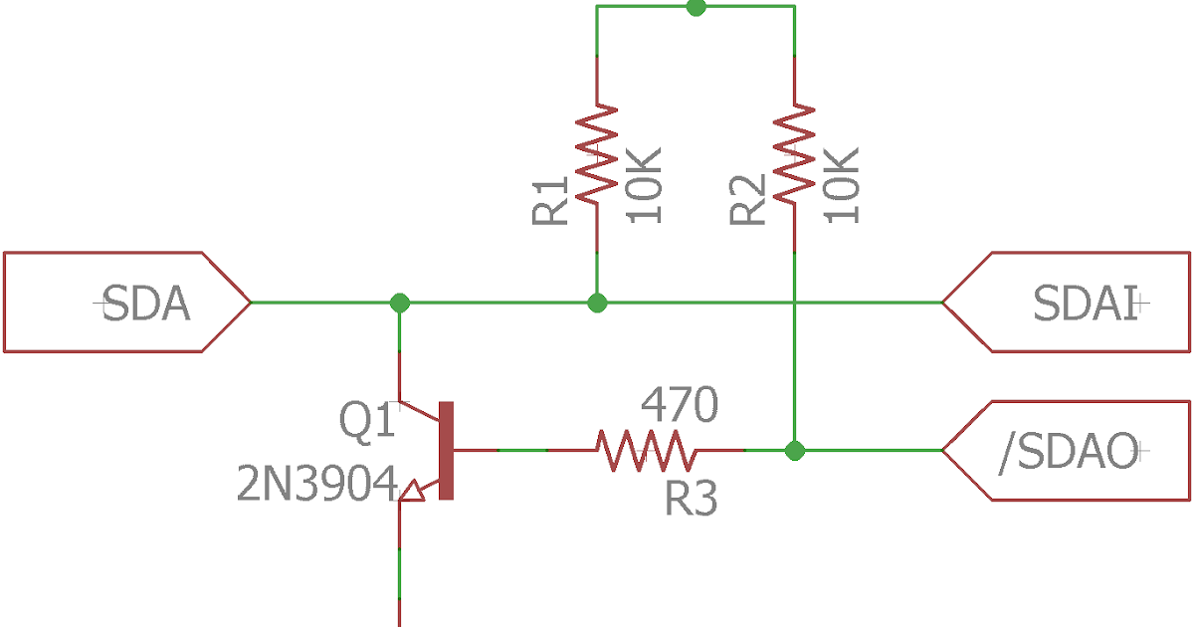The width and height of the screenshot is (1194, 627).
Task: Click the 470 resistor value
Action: [x=679, y=405]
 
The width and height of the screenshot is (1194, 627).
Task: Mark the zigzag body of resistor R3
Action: [x=646, y=451]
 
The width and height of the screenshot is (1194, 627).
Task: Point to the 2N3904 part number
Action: [x=316, y=485]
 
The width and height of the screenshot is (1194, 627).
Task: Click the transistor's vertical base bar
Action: [x=447, y=451]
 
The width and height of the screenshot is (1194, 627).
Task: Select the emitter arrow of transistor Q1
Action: [x=413, y=488]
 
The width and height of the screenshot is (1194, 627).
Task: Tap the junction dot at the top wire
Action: [x=696, y=7]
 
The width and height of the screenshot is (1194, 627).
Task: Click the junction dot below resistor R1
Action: [x=597, y=302]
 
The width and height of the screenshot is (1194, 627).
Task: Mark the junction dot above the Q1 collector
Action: [x=399, y=302]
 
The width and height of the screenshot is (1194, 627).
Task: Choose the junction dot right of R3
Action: [x=794, y=451]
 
